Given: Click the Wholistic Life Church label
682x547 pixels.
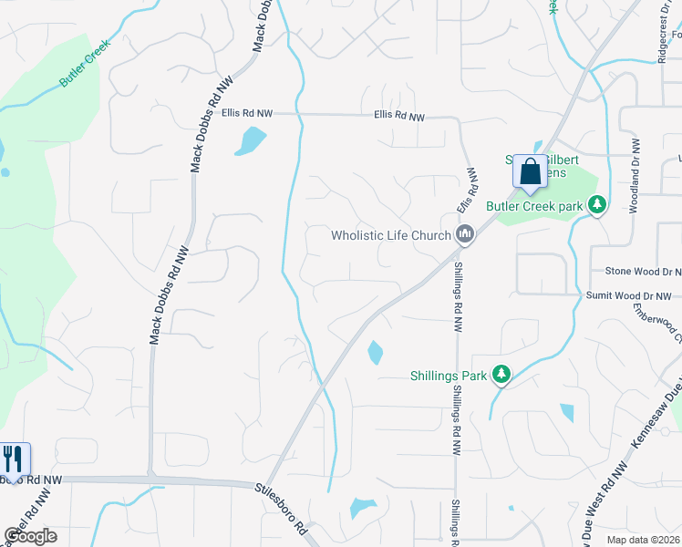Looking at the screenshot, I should (x=391, y=236).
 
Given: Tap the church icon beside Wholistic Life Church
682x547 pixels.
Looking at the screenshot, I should (x=466, y=236).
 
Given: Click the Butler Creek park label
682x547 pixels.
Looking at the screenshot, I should (x=533, y=207).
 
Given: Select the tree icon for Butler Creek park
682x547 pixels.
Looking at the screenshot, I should (x=597, y=206).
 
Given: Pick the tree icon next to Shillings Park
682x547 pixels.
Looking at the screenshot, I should (x=501, y=374).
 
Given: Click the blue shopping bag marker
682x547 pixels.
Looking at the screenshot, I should (x=530, y=171).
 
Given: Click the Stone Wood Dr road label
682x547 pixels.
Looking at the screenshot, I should (x=644, y=272).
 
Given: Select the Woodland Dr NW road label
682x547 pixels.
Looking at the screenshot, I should (x=635, y=176).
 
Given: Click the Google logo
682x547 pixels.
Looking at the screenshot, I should (x=30, y=536).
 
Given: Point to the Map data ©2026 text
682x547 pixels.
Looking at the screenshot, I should (x=644, y=540).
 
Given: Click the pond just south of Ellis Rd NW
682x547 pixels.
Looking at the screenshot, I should (x=250, y=140).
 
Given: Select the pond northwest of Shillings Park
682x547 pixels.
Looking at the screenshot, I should (x=375, y=352).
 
